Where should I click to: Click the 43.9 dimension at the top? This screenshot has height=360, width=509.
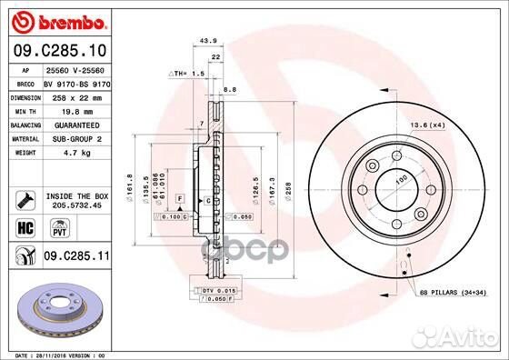(207, 40)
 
